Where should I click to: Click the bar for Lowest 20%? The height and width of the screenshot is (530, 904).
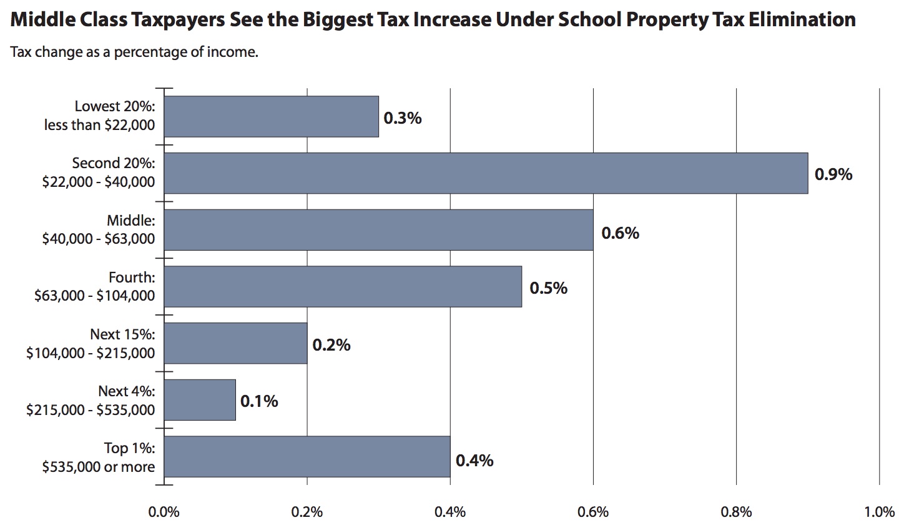tap(272, 116)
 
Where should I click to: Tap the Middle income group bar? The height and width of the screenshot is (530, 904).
tap(378, 230)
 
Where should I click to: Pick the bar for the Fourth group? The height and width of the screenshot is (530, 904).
tap(343, 287)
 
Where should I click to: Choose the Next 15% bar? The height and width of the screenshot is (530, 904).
tap(235, 343)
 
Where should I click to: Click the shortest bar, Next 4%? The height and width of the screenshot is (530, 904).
tap(200, 400)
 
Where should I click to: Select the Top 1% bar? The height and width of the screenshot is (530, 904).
tap(307, 456)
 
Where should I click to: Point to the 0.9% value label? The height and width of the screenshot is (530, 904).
tap(833, 174)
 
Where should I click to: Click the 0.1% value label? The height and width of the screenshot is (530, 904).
tap(259, 401)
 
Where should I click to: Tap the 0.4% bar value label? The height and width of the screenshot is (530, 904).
tap(474, 461)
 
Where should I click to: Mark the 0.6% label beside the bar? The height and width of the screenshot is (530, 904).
tap(620, 233)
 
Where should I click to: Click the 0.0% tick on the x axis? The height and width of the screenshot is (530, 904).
tap(164, 512)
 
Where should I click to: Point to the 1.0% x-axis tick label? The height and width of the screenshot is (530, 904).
tap(880, 512)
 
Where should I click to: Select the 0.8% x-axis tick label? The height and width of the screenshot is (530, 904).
tap(736, 512)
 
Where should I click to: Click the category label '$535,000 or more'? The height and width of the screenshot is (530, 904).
tap(99, 467)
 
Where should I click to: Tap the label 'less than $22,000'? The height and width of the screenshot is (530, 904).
tap(99, 125)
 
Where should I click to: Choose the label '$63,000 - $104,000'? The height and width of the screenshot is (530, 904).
tap(94, 296)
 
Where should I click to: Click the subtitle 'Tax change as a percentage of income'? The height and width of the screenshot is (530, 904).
tap(134, 52)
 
